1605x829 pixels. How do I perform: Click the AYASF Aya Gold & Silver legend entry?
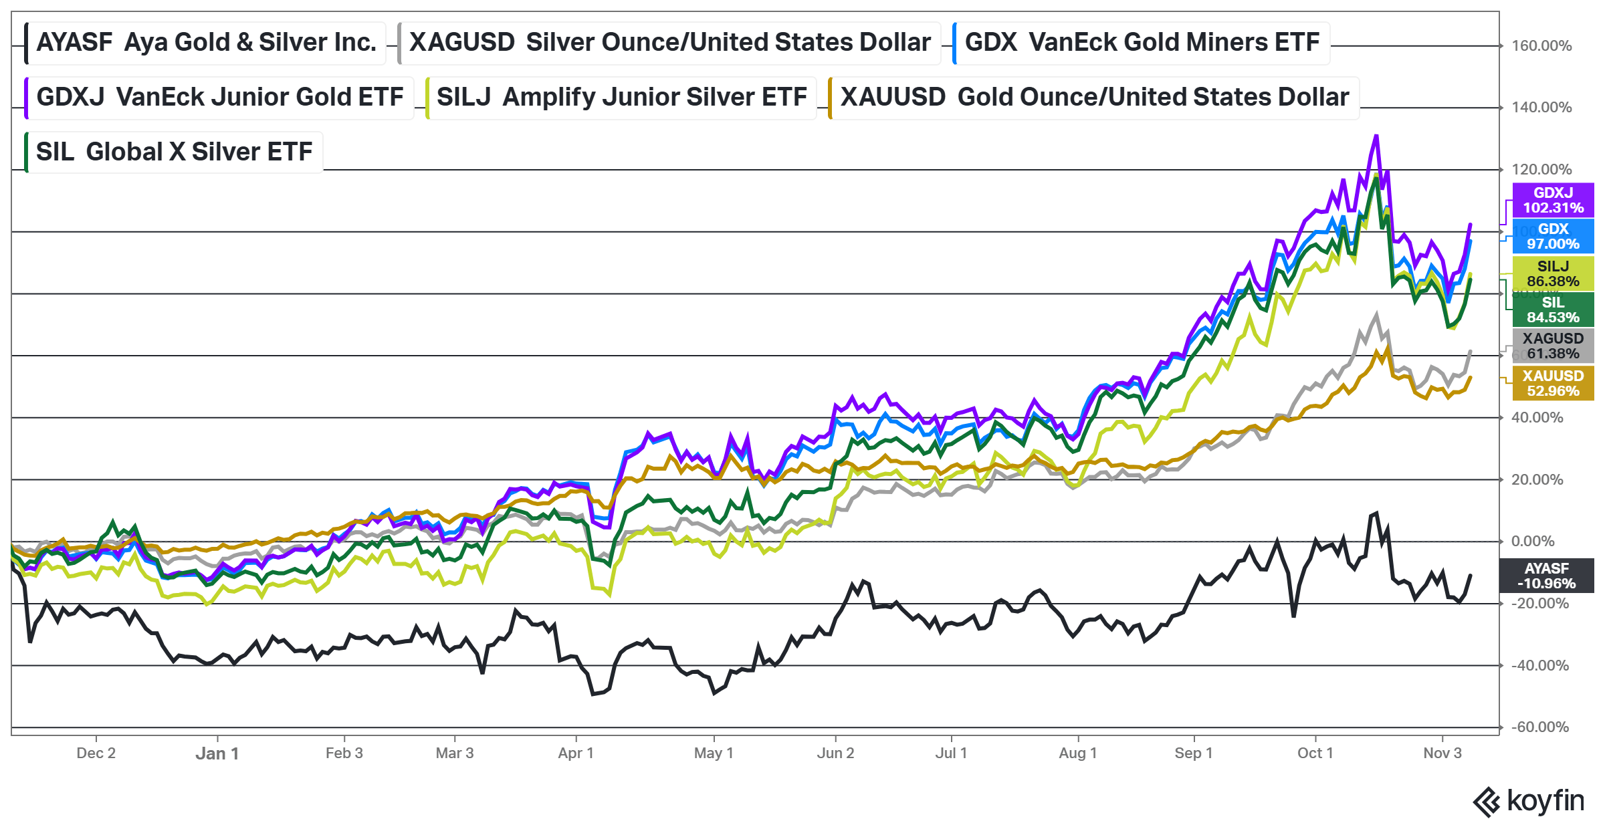click(206, 43)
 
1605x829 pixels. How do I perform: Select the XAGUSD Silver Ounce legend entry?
click(669, 43)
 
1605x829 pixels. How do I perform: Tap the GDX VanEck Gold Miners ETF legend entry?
click(1142, 43)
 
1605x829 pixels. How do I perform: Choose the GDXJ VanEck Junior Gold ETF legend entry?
click(219, 98)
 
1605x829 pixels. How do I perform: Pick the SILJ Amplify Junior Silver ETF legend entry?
click(621, 98)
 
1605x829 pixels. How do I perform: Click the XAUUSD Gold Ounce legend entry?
click(1094, 98)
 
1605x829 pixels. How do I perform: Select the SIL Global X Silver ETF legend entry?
click(174, 152)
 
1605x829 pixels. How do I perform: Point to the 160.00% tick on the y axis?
click(1541, 46)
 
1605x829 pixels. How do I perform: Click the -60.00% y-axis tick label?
click(1540, 727)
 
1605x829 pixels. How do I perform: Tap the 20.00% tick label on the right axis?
click(1537, 480)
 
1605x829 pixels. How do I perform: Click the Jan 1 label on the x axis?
click(217, 753)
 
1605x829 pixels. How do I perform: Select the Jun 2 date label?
click(835, 753)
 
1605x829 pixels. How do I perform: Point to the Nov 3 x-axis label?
click(1442, 753)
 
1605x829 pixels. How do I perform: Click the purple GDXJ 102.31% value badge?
click(1553, 201)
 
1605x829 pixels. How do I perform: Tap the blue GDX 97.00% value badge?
click(1553, 237)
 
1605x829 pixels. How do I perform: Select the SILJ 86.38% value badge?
click(1553, 274)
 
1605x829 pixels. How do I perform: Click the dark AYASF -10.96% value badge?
click(1546, 576)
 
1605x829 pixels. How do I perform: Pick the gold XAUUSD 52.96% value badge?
click(1553, 384)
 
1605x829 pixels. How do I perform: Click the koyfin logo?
click(1529, 801)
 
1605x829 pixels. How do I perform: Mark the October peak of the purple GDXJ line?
click(1376, 136)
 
